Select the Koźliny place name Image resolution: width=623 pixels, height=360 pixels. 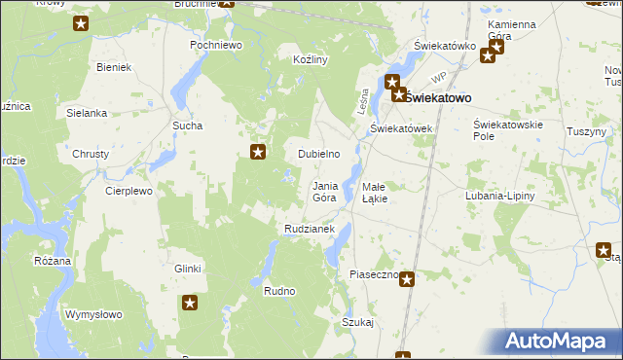coord(310,59)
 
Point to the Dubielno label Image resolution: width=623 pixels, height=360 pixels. coord(318,154)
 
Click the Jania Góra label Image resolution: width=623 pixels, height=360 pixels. coord(324,192)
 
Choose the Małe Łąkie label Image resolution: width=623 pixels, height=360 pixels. coord(375,192)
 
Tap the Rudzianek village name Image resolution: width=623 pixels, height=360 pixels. coord(310,229)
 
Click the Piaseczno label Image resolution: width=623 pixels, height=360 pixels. coord(374,275)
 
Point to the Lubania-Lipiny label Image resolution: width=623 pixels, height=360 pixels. coord(500,196)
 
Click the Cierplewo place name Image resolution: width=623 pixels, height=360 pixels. coord(129,192)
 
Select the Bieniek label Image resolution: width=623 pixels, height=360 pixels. coord(115,67)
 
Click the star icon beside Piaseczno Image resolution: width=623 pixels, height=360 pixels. coord(407,280)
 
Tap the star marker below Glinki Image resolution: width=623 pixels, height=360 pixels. coord(190,304)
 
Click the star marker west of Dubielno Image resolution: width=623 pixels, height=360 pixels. coord(258,151)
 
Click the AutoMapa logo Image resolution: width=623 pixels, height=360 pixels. coord(558,342)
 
